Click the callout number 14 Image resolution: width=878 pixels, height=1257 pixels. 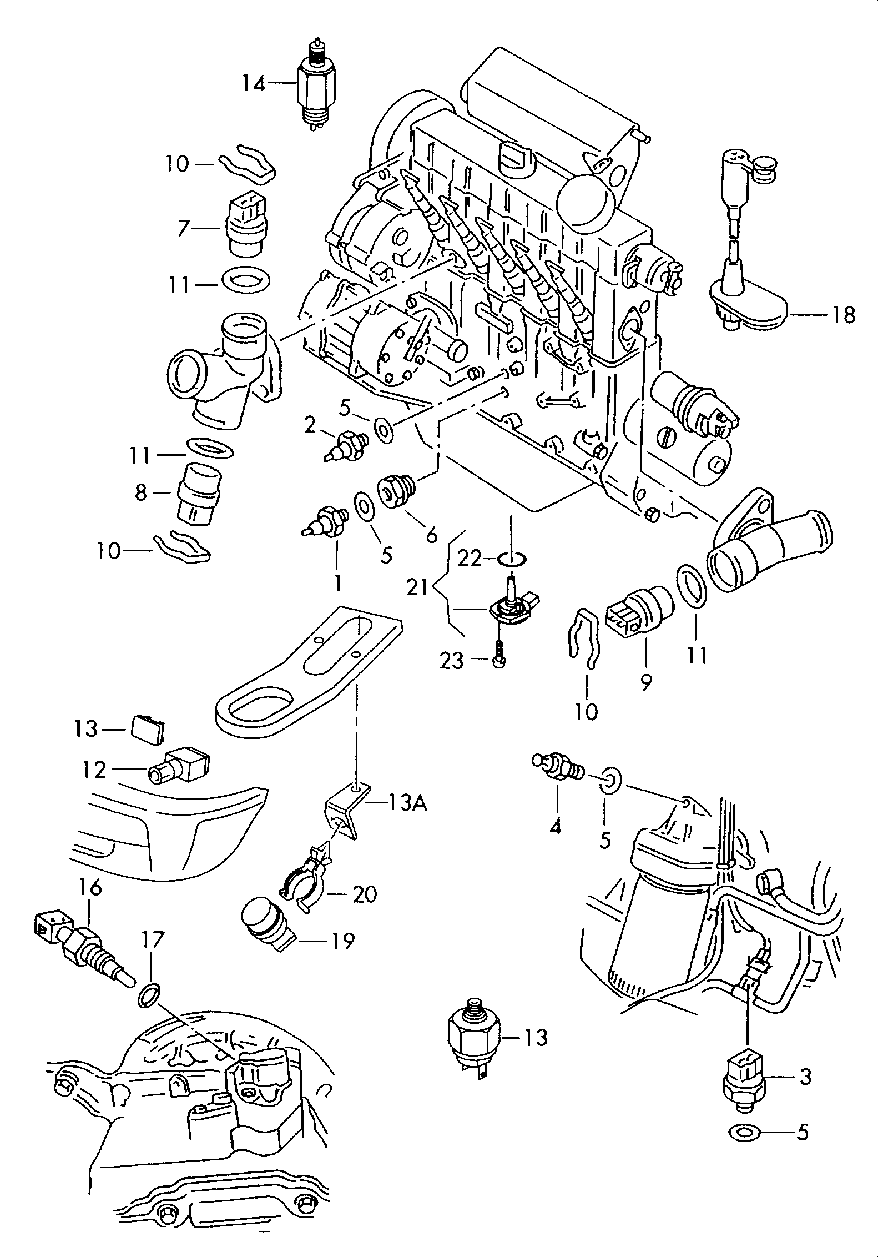click(255, 84)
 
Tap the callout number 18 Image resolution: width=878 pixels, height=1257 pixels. click(843, 315)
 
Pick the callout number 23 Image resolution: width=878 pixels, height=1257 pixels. click(452, 661)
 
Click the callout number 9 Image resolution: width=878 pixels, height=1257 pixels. click(645, 682)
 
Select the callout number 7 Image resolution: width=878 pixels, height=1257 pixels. click(184, 228)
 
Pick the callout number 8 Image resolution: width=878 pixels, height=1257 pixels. click(141, 492)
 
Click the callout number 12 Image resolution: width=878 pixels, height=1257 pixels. click(94, 770)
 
